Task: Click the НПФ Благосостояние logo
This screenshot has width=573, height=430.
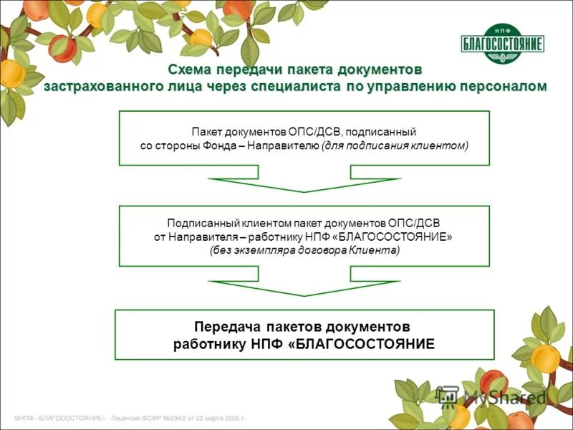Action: click(502, 44)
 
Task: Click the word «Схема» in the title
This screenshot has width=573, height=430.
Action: click(191, 71)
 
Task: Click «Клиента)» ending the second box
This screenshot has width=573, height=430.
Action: click(375, 251)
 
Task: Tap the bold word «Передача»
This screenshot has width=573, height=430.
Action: click(224, 327)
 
